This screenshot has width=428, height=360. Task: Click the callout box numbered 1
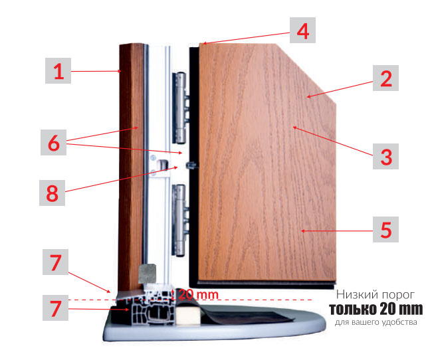point(58,70)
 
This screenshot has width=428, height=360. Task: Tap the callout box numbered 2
point(385,78)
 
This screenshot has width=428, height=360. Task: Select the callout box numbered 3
point(385,156)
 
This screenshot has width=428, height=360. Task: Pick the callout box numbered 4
point(302,31)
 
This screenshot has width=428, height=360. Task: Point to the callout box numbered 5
point(385,229)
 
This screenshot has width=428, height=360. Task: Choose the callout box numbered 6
point(53,142)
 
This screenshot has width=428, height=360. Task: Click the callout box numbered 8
point(52,193)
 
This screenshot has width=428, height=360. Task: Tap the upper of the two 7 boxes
point(55,262)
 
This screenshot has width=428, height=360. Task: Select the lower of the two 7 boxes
point(55,308)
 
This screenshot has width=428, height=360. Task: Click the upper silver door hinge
point(181,108)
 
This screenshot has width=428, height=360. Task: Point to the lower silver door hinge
point(180,221)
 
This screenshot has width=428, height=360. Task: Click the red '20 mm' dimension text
point(199,294)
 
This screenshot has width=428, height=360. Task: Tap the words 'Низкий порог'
point(375,295)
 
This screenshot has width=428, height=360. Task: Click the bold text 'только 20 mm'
point(376,309)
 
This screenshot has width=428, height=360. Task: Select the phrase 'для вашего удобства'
point(376,322)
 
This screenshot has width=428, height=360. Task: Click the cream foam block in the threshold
point(188,315)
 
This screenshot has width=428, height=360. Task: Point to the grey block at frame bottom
point(147,274)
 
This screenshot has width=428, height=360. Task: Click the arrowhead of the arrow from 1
point(119,72)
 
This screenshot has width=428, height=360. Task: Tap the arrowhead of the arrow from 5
point(303,231)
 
